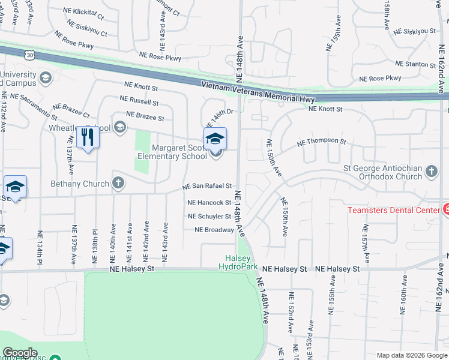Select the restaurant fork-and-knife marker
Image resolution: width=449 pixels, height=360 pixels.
coord(88,137)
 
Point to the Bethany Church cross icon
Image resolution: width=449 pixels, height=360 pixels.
coord(118,183)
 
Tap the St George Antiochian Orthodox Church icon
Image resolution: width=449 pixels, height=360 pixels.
coord(432,172)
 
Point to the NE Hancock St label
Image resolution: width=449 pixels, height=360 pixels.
coord(209,203)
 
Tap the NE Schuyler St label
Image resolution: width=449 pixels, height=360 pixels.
coord(209,216)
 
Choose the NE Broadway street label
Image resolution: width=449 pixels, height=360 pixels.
coord(214,230)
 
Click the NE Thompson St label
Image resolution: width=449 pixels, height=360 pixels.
coord(321,142)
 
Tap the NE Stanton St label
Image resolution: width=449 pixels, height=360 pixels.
coord(415,64)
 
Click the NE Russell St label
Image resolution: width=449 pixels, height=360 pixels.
coord(139,100)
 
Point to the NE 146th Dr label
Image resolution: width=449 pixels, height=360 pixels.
coord(220,113)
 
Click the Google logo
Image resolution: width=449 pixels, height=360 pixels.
coord(19,353)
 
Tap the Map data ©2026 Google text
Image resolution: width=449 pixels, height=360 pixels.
coord(411,355)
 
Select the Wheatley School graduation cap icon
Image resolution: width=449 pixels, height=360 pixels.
coord(120,127)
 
